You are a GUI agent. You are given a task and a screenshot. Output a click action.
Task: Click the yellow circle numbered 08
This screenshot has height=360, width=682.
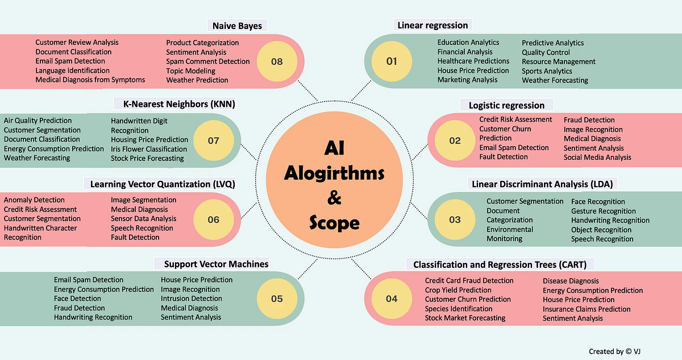277,61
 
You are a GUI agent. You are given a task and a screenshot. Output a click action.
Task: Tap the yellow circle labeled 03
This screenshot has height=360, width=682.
455,220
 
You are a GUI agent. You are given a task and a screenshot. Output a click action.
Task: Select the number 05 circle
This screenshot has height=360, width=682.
277,299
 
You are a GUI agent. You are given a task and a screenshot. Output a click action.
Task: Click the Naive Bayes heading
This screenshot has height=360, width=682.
237,26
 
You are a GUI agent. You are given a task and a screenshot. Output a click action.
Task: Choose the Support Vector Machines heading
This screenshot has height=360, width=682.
216,264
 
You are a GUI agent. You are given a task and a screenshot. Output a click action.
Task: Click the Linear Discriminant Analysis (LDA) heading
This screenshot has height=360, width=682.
544,184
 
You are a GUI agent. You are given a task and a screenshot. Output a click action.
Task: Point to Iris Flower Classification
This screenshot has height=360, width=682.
149,149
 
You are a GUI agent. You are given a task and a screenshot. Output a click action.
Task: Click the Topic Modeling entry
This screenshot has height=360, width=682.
190,71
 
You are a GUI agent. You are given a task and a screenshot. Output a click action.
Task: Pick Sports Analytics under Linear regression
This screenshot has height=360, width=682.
547,71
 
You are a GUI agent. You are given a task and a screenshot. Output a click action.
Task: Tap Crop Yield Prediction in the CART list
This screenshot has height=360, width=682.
458,290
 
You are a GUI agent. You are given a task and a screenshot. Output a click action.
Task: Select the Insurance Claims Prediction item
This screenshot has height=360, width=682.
587,309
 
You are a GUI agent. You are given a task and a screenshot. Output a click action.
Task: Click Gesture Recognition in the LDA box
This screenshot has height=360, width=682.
603,211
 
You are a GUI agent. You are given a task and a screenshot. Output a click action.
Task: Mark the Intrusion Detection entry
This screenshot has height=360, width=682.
191,299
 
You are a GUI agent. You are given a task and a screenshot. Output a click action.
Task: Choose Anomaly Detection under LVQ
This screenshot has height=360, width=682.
34,200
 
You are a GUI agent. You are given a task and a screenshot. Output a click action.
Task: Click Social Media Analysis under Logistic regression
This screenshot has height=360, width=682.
597,158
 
